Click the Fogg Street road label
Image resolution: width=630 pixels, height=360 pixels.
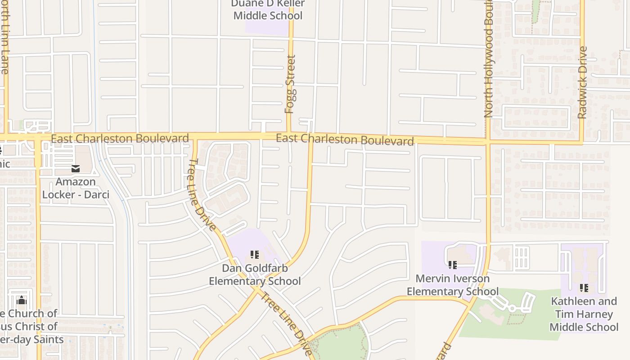click(x=290, y=84)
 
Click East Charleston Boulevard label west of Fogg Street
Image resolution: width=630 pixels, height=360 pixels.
click(x=120, y=138)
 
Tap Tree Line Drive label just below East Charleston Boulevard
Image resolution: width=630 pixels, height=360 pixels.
click(x=202, y=194)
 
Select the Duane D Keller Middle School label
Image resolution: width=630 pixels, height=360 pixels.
click(x=268, y=9)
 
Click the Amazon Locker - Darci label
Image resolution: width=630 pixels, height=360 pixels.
click(x=76, y=188)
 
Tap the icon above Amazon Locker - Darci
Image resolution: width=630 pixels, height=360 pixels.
click(x=75, y=169)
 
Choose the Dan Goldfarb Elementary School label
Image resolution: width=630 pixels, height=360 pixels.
click(x=255, y=274)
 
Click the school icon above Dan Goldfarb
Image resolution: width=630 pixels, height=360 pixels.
click(x=255, y=255)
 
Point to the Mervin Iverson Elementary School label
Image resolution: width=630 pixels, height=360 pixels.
click(x=452, y=285)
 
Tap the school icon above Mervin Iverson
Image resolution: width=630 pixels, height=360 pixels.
click(x=452, y=265)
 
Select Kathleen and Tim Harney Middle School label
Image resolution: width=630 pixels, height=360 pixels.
click(x=584, y=314)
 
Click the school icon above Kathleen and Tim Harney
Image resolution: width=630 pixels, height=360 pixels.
click(x=584, y=288)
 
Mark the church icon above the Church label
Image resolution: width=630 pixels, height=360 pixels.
click(x=22, y=300)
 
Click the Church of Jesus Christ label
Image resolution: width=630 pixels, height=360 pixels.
click(x=29, y=326)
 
